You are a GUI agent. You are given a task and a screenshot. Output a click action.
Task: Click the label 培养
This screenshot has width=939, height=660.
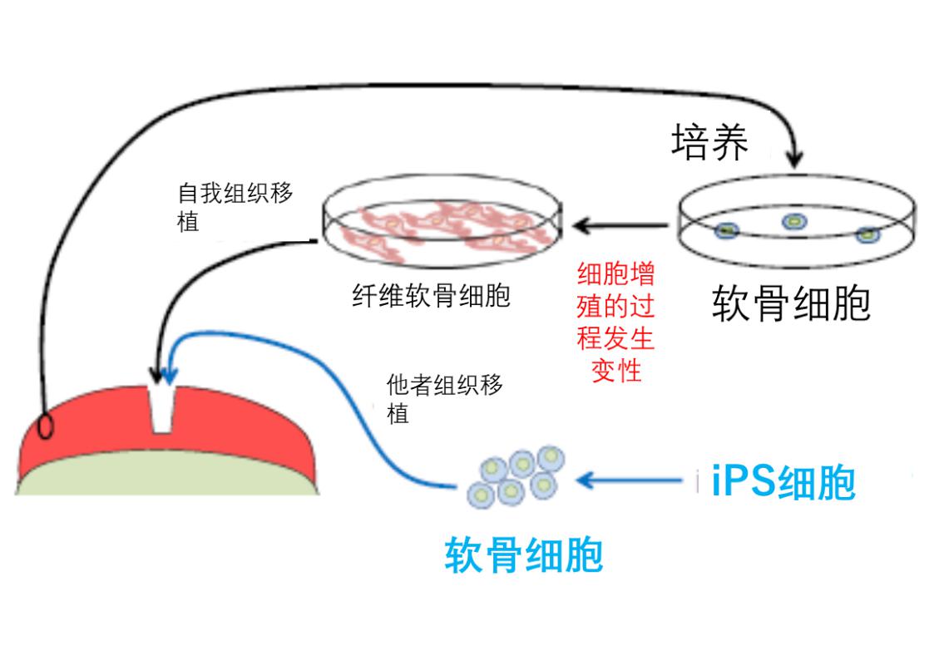(709, 143)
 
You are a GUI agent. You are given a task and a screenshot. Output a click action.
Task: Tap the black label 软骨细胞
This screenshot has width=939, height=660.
(791, 304)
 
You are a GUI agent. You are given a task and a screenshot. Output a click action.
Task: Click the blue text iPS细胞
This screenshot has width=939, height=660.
(783, 482)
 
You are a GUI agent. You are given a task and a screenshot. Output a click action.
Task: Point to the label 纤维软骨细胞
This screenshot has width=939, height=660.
(430, 295)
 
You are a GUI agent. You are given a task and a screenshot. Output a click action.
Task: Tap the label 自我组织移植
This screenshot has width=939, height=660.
(235, 207)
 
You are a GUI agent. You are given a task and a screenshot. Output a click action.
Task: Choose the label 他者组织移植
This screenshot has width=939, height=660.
(444, 398)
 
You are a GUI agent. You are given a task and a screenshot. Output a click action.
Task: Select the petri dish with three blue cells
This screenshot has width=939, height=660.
(796, 223)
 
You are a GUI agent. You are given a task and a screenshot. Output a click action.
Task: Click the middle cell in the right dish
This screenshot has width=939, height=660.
(793, 221)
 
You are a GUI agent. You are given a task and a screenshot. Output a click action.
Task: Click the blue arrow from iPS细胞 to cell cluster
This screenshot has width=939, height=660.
(632, 480)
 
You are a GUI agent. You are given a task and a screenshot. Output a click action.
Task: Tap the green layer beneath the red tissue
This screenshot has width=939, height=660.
(166, 478)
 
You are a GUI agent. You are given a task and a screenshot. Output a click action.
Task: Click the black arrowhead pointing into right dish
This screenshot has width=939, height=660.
(796, 155)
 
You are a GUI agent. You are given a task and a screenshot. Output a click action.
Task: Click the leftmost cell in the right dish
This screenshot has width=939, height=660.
(729, 229)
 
